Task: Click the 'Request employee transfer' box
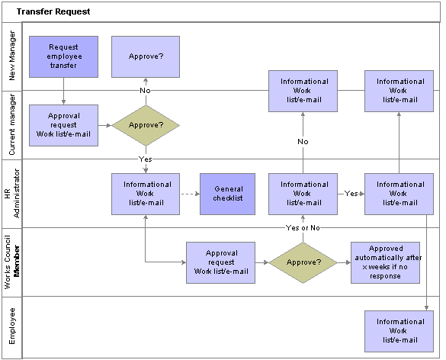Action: click(64, 56)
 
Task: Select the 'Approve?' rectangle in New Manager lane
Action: click(146, 56)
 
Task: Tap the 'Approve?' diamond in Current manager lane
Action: click(146, 125)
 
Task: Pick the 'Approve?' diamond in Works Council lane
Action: click(303, 262)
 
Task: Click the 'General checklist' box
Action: click(227, 194)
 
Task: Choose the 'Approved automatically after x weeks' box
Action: click(386, 262)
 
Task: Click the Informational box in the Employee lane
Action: click(399, 331)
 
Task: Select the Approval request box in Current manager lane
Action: click(64, 125)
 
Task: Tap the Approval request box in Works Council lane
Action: click(221, 262)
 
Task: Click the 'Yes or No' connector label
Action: click(303, 227)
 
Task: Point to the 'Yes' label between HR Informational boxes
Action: click(351, 194)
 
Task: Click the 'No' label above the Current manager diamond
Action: click(145, 91)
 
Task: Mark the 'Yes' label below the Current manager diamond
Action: click(146, 159)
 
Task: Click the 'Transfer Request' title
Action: click(53, 11)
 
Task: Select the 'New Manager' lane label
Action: click(12, 56)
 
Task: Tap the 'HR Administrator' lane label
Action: click(12, 194)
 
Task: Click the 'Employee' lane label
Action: click(12, 326)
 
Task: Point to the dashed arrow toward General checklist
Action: click(191, 194)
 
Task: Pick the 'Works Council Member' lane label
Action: click(12, 262)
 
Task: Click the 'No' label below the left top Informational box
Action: click(303, 141)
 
